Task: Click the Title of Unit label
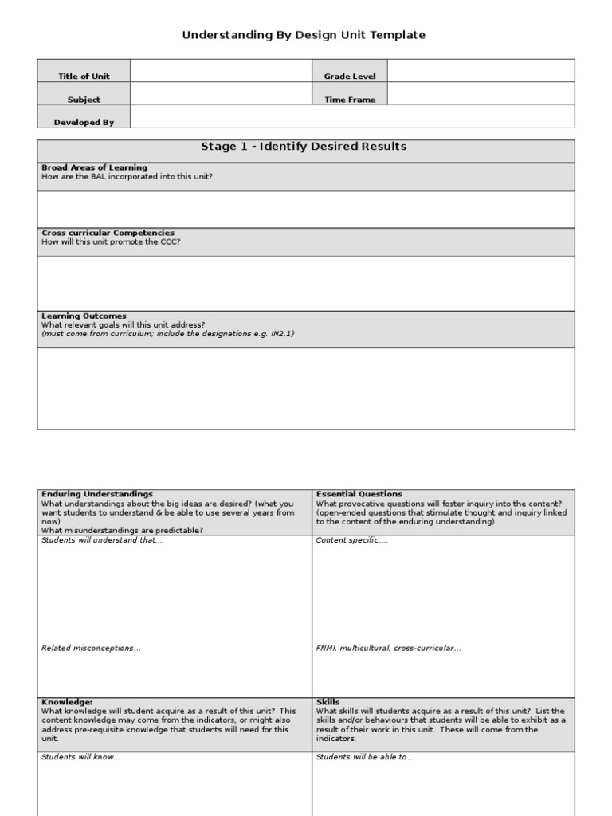click(84, 76)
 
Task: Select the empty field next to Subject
click(221, 100)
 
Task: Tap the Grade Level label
click(349, 76)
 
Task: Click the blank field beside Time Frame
click(481, 100)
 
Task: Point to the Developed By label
click(84, 123)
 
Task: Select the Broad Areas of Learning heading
click(94, 167)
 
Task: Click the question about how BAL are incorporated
click(127, 176)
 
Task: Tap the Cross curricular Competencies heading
click(108, 233)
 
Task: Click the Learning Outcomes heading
click(84, 316)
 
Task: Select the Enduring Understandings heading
click(97, 494)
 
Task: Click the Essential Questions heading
click(359, 494)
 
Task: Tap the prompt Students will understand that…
click(101, 540)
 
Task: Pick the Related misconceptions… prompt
click(91, 649)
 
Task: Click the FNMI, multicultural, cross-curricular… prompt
click(388, 649)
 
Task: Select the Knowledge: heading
click(67, 702)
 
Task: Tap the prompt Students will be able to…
click(365, 757)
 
